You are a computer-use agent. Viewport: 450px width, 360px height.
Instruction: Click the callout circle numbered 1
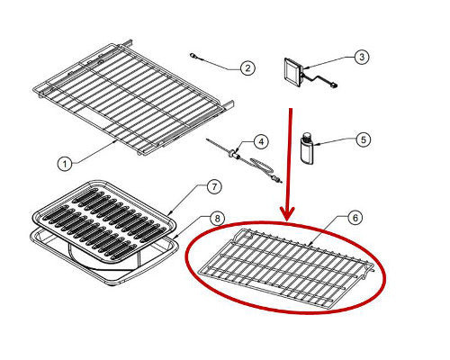(65, 164)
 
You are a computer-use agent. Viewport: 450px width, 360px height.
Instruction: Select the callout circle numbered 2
(247, 68)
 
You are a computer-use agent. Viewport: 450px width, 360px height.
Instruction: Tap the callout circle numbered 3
(362, 57)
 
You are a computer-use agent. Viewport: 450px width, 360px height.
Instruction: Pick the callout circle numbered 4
(261, 141)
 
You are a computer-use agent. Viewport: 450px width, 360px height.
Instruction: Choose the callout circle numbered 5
(364, 139)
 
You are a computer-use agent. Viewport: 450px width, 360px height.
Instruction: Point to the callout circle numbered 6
(355, 218)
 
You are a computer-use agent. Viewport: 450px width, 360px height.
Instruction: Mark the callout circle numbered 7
(214, 186)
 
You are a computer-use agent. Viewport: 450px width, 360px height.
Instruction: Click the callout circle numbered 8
(217, 218)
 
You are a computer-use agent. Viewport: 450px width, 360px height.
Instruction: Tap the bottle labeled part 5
(307, 148)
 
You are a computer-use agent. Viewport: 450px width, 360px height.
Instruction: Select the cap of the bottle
(307, 137)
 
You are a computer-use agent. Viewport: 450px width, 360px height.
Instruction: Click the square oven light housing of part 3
(292, 73)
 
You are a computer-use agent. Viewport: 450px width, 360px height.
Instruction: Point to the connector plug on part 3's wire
(333, 86)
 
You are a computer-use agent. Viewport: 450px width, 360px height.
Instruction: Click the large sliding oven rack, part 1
(133, 97)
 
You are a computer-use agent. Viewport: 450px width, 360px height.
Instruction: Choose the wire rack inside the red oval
(286, 266)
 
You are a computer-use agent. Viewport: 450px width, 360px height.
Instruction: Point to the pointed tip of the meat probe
(208, 139)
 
